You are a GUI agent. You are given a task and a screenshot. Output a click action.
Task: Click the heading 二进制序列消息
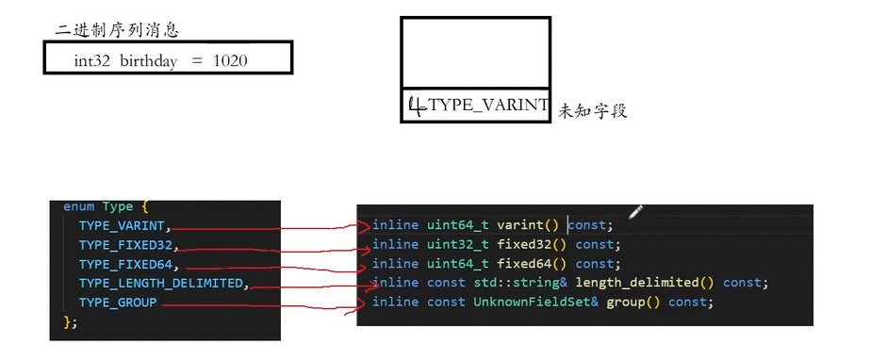coord(117,30)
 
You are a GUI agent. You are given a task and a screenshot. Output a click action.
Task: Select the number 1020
coord(232,60)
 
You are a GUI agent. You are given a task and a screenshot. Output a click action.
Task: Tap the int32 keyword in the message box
coord(92,60)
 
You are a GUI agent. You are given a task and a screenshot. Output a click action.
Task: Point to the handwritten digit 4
coord(415,106)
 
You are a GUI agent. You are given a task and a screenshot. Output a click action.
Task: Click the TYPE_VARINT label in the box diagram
coord(487,106)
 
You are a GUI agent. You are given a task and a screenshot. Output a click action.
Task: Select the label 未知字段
coord(592,111)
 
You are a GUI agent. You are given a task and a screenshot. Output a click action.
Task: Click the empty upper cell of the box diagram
coord(475,53)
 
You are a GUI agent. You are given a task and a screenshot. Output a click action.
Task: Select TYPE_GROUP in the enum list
coord(118,303)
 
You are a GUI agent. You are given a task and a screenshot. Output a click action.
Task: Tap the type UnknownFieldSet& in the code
coord(535,302)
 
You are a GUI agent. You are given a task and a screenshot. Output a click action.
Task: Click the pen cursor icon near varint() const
coord(634,211)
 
